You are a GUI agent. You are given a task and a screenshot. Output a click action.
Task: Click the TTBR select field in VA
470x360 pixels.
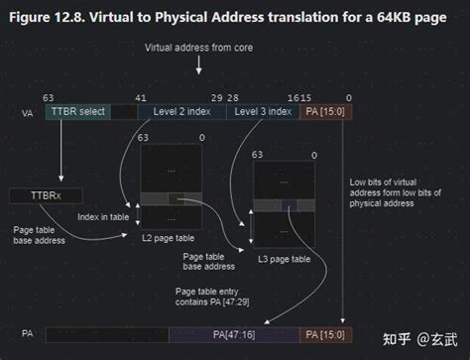(x=77, y=113)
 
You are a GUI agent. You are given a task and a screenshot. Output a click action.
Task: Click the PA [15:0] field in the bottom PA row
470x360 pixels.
(x=324, y=334)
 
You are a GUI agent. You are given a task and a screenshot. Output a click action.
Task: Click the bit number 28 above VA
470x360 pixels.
(x=233, y=97)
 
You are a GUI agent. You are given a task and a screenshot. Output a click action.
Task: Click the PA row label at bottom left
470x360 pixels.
(x=26, y=335)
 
